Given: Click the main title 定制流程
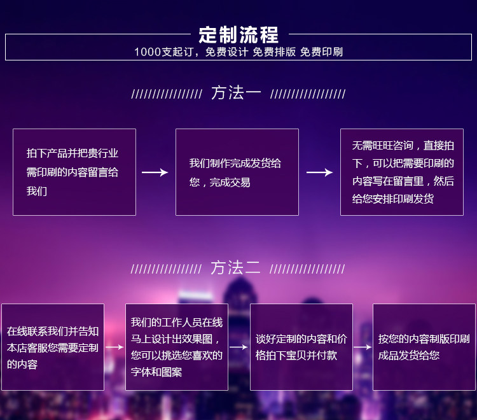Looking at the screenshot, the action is click(238, 35).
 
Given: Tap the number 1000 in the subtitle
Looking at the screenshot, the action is click(148, 52).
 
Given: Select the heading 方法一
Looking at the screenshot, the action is click(236, 92).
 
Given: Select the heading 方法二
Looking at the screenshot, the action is click(235, 267).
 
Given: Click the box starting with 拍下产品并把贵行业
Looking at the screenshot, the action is click(74, 172).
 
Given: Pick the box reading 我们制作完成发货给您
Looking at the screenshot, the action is click(237, 172).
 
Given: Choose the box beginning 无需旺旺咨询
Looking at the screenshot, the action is click(402, 172).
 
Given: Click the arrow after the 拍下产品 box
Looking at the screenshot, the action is click(155, 172).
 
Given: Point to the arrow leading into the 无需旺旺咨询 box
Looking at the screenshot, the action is click(319, 172).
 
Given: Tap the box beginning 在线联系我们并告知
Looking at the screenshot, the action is click(53, 347).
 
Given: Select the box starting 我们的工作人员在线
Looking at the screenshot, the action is click(177, 347).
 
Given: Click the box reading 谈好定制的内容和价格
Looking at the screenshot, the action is click(301, 347).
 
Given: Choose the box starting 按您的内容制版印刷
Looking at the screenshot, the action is click(424, 347).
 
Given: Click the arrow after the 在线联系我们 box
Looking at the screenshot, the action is click(114, 347).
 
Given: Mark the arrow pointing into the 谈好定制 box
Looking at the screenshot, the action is click(238, 347).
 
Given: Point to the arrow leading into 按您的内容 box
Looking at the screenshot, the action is click(363, 347).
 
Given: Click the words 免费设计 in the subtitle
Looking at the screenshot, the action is click(227, 52).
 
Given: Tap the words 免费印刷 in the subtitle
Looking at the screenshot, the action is click(322, 52).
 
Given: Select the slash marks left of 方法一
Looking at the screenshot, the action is click(167, 94).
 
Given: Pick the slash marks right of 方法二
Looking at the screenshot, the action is click(307, 269).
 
